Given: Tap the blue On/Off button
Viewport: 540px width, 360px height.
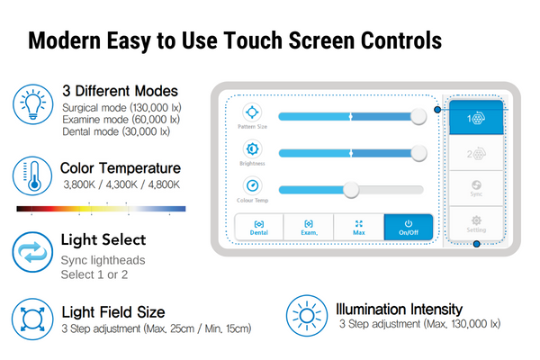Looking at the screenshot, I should [408, 226].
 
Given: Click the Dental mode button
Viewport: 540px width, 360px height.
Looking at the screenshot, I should [259, 226].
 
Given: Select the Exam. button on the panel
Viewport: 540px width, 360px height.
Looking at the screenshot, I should [309, 226].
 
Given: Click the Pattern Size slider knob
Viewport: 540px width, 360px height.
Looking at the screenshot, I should [418, 116].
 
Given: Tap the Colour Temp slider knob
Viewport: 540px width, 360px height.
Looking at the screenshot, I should [351, 189].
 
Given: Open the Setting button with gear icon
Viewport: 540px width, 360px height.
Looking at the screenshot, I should [475, 222].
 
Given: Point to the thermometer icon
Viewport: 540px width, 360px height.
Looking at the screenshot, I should [32, 175].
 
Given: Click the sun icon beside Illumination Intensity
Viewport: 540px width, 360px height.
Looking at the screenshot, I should [307, 315].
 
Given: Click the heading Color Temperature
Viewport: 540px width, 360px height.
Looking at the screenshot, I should [120, 168].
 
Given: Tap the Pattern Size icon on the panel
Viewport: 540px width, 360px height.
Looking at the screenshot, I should [253, 114].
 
